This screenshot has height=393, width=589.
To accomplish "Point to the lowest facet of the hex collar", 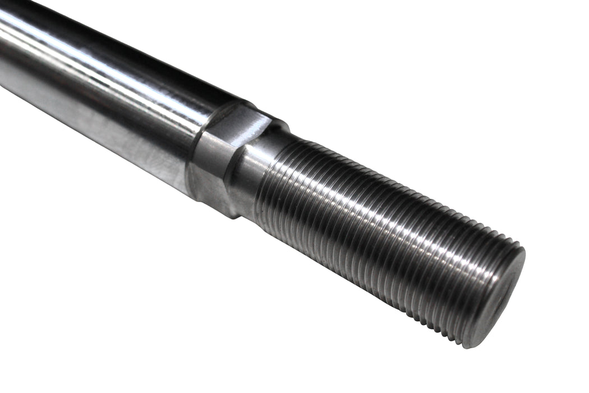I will click(210, 191).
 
